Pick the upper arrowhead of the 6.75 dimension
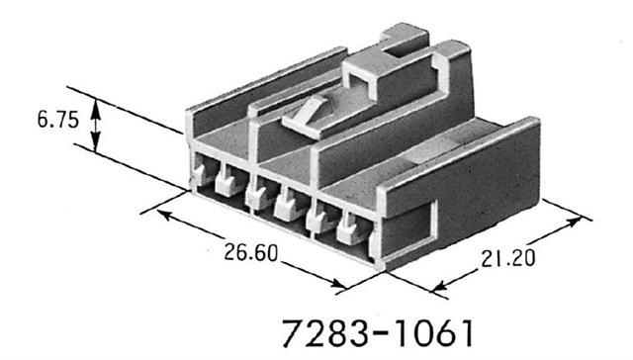[x=96, y=106]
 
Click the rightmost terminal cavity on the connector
[x=349, y=230]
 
